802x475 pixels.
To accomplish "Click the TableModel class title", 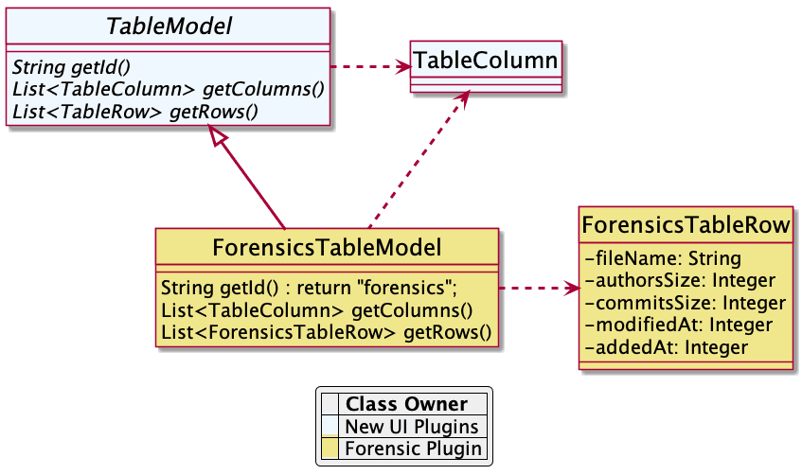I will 169,26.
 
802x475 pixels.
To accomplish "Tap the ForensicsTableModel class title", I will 327,249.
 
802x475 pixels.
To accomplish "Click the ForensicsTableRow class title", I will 686,225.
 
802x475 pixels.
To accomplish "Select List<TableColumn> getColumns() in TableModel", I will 167,90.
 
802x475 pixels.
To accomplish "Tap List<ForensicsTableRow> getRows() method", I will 327,331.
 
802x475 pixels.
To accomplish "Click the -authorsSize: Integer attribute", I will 681,280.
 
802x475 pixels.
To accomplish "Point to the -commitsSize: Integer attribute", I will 686,303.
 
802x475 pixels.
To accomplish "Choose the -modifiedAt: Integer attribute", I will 679,325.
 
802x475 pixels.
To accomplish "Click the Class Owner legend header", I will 406,405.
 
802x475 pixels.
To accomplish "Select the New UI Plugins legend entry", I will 412,427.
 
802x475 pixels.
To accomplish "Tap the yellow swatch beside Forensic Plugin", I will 330,449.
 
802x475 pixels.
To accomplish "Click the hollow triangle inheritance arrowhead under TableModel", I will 219,138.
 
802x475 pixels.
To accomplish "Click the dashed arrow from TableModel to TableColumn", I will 369,66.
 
